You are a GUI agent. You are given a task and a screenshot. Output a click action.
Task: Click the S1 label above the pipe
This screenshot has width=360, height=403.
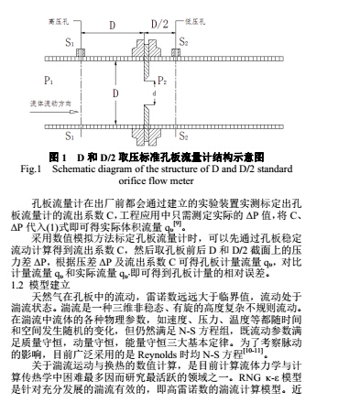click(71, 42)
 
